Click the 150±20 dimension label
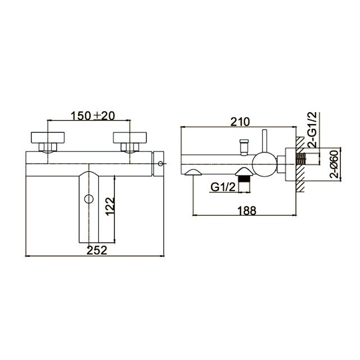coord(93,116)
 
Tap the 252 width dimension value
coord(97,250)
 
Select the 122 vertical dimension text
coord(110,206)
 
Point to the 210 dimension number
coord(240,122)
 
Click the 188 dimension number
coord(247,210)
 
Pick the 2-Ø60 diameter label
coord(334,164)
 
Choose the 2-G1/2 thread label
coord(312,130)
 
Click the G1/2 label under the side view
coord(223,187)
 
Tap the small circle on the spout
coord(89,199)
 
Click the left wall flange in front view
coord(48,137)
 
